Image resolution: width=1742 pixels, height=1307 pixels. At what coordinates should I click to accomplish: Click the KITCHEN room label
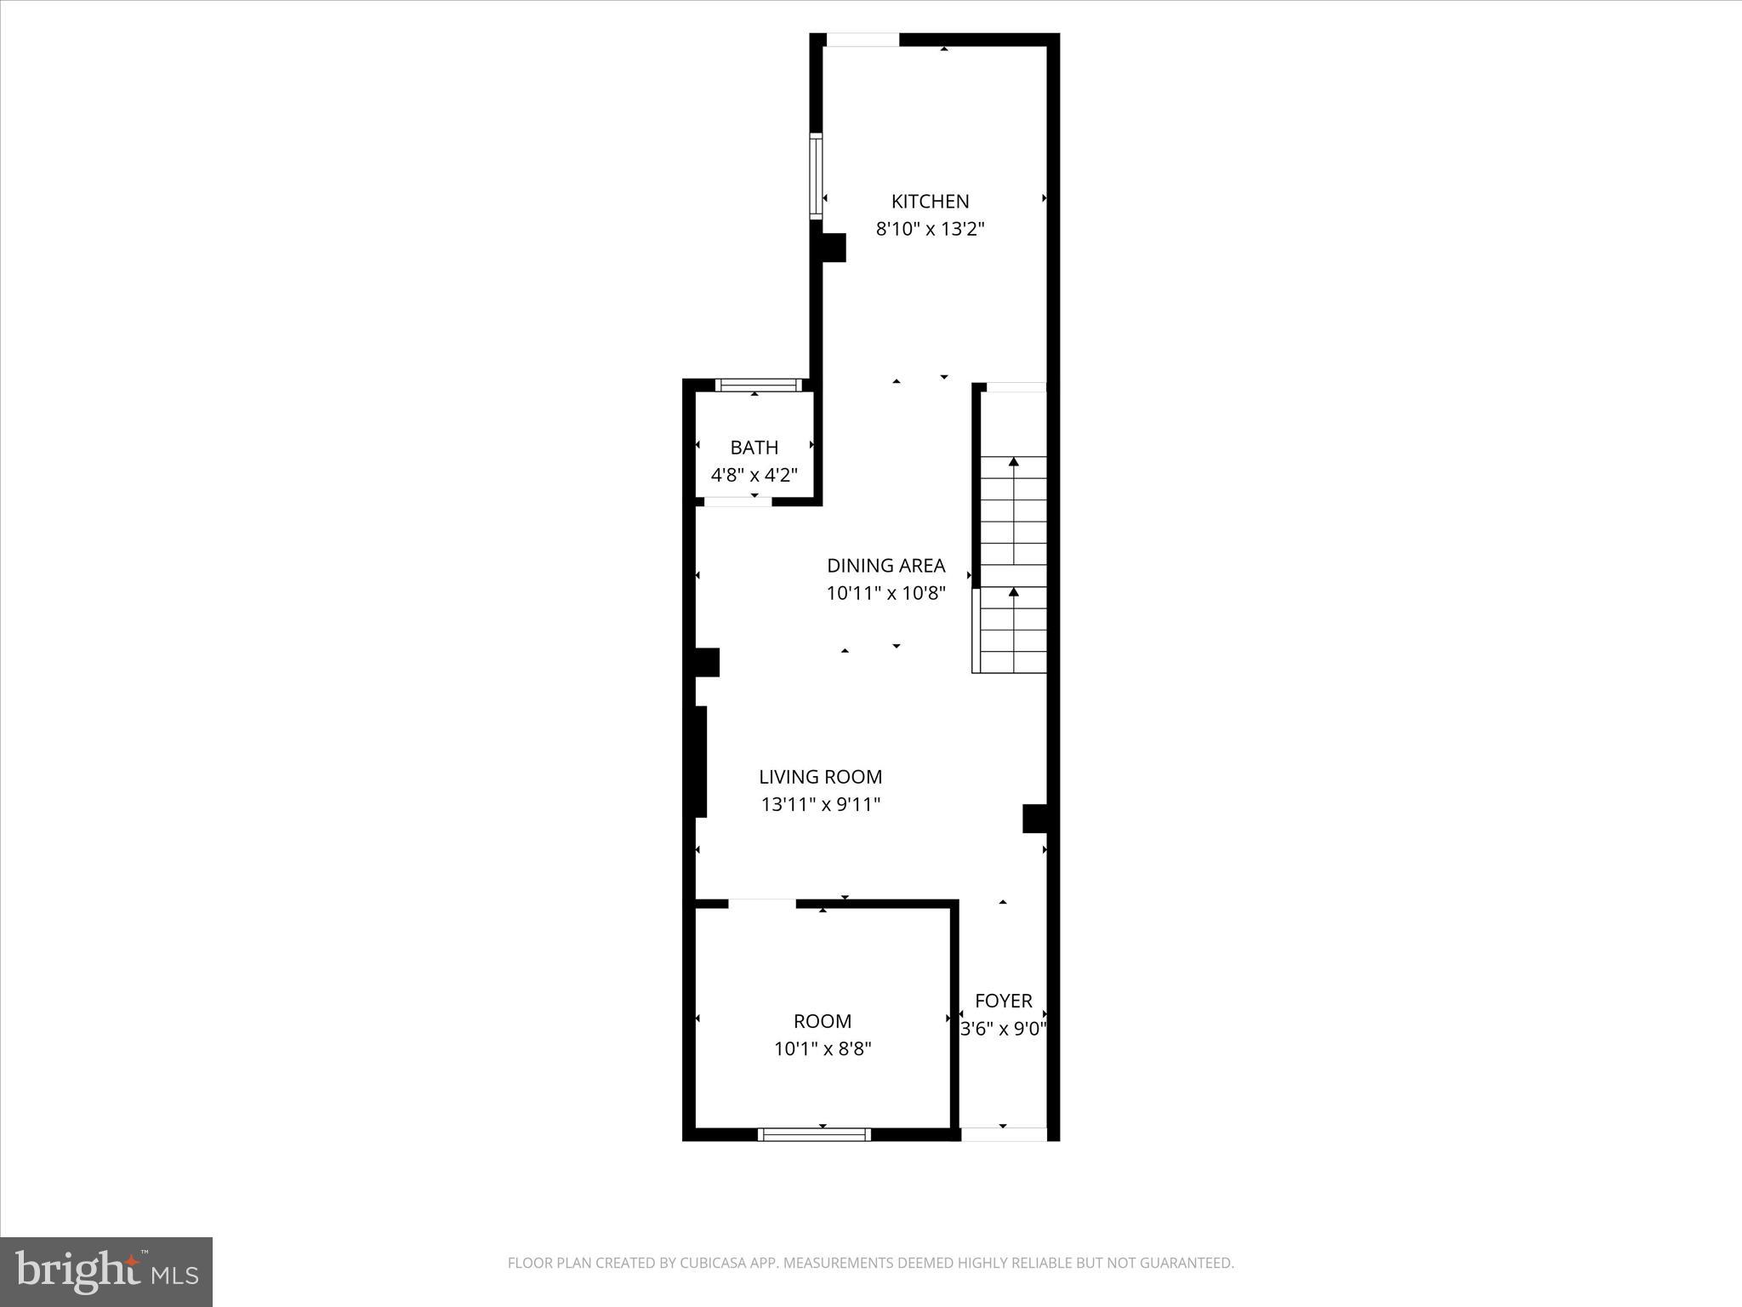pyautogui.click(x=930, y=202)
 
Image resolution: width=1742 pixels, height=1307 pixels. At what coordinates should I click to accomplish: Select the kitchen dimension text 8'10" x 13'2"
pyautogui.click(x=930, y=229)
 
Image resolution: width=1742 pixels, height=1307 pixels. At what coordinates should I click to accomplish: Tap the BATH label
pyautogui.click(x=754, y=448)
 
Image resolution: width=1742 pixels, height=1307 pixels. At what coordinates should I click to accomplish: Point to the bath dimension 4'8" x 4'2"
pyautogui.click(x=754, y=475)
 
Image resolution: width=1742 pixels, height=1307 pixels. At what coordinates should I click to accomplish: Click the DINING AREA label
pyautogui.click(x=886, y=566)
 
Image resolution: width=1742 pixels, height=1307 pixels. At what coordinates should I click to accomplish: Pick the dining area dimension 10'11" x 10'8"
pyautogui.click(x=886, y=593)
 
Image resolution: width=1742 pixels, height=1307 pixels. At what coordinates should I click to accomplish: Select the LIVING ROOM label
pyautogui.click(x=820, y=777)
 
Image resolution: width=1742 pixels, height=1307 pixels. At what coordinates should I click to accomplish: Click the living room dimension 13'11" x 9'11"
pyautogui.click(x=820, y=804)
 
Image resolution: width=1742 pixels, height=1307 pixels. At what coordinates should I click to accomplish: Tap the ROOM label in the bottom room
pyautogui.click(x=822, y=1021)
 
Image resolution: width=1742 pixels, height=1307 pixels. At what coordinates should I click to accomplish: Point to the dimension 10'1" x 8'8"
pyautogui.click(x=822, y=1048)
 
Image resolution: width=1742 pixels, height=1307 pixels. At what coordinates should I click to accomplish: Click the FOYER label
pyautogui.click(x=1004, y=1001)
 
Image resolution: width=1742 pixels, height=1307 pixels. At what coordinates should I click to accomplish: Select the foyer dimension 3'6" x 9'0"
pyautogui.click(x=1004, y=1029)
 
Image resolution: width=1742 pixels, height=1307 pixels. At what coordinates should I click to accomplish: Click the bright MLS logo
pyautogui.click(x=106, y=1271)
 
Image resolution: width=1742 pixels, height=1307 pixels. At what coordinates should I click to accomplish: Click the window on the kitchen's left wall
pyautogui.click(x=817, y=175)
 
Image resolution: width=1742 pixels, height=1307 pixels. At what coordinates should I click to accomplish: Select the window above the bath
pyautogui.click(x=759, y=385)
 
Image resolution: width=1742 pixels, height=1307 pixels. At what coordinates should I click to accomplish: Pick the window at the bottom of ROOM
pyautogui.click(x=814, y=1134)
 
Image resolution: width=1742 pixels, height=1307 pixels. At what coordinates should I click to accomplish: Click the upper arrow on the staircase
pyautogui.click(x=1013, y=463)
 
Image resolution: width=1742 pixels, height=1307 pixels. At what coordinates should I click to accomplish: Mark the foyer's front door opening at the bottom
pyautogui.click(x=1004, y=1134)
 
